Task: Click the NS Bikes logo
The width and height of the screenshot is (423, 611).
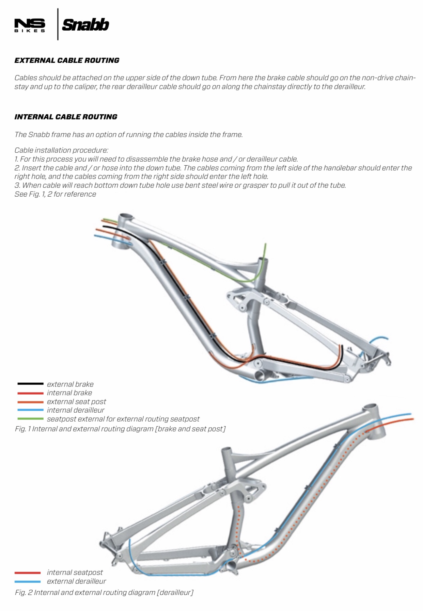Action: pos(30,25)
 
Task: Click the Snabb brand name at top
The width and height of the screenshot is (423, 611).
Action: pos(85,25)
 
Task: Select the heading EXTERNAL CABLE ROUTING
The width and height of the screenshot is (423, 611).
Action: pos(67,60)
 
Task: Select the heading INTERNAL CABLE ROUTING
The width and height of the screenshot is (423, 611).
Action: pos(66,117)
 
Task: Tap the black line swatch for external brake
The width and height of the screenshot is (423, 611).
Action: pos(30,384)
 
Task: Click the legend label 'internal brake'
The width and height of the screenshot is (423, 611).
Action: pos(69,393)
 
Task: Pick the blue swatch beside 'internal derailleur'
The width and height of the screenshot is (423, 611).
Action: pos(30,410)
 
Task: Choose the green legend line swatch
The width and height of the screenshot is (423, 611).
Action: pos(30,418)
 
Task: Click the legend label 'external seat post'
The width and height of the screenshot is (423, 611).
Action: pos(77,401)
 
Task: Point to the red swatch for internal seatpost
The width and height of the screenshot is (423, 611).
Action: pos(28,573)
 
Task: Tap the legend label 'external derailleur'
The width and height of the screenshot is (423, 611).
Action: pos(77,581)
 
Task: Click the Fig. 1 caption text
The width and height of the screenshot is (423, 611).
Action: pos(120,429)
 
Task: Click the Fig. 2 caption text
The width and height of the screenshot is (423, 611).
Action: pos(104,592)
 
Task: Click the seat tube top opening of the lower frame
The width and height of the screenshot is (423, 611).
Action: pos(227,450)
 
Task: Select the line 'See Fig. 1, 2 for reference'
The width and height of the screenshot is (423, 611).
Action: pos(55,194)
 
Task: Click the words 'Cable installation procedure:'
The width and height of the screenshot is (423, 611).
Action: pos(61,150)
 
